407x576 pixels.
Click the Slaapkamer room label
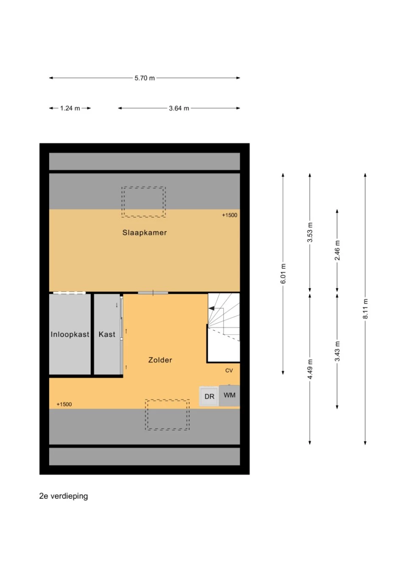pos(145,232)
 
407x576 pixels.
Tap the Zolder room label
pos(160,360)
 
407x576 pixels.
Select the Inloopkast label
pos(70,334)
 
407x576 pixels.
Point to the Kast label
pos(107,334)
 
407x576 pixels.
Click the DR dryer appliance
pos(209,396)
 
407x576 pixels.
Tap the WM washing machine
pos(229,395)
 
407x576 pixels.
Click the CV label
pos(229,370)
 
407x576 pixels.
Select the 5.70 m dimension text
pos(145,78)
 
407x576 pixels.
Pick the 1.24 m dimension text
pos(70,108)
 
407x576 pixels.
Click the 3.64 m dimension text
pos(179,108)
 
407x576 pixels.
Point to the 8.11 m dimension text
pos(365,309)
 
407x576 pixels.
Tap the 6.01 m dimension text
pos(283,274)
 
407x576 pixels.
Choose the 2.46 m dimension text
pos(337,250)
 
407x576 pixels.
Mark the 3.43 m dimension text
pos(337,351)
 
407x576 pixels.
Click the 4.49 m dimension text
pos(310,369)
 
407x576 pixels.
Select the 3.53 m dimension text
pos(310,232)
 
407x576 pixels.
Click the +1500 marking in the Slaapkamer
pos(229,215)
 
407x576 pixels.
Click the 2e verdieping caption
pos(64,496)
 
